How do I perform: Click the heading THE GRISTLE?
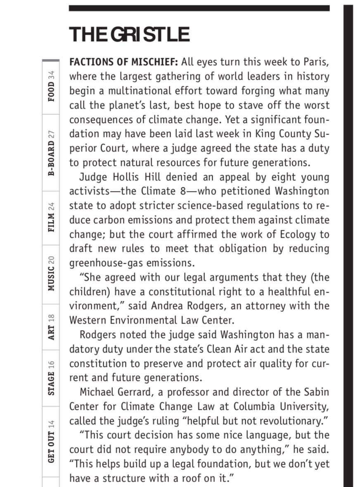[x=129, y=34]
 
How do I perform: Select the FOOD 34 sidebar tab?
[x=51, y=86]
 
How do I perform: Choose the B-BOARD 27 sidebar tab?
[x=51, y=153]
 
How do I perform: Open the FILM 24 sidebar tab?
[x=51, y=217]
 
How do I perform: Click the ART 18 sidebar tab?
[x=51, y=326]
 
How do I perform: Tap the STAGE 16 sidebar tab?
[x=51, y=378]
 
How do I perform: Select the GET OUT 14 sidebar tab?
[x=51, y=441]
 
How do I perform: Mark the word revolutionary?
[x=290, y=421]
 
